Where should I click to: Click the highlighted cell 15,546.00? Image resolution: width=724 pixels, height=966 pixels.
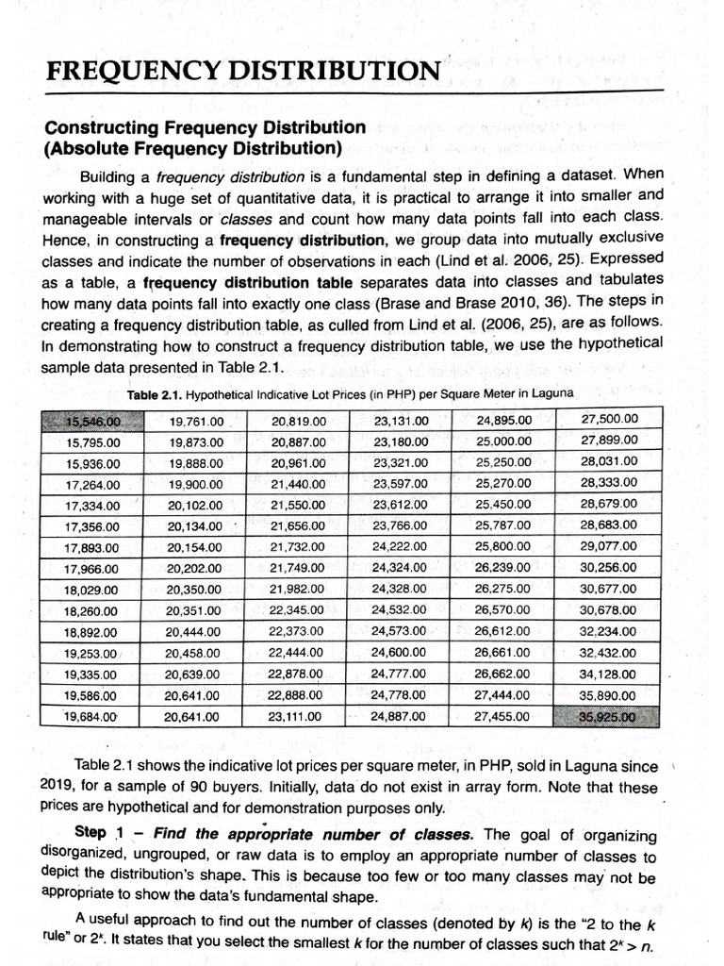tap(93, 421)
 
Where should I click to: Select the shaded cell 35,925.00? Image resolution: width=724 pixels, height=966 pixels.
tap(609, 717)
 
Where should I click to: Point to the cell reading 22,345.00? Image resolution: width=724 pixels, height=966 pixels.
tap(297, 611)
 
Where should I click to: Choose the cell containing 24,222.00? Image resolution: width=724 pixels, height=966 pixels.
tap(400, 547)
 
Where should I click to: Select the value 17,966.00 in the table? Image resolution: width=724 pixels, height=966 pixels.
tap(91, 569)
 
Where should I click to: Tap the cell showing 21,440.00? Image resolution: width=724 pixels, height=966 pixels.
tap(298, 484)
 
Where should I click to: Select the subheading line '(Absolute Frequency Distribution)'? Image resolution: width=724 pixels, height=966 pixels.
tap(193, 148)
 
